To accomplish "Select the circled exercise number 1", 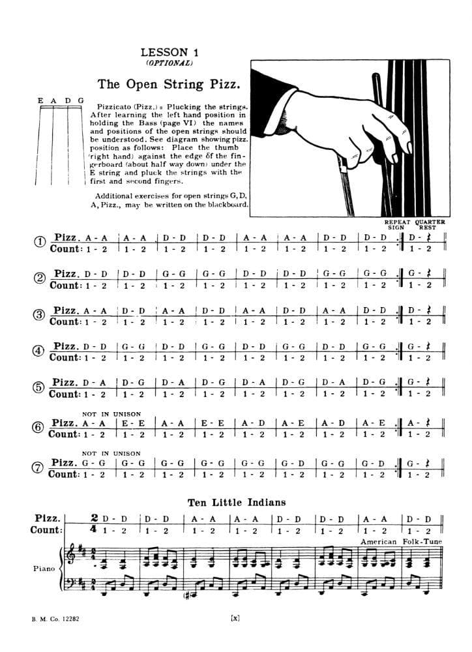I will [39, 243].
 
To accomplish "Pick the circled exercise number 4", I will [39, 351].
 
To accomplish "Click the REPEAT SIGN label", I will [396, 225].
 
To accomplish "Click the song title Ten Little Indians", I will [236, 502].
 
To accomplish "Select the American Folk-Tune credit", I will [404, 542].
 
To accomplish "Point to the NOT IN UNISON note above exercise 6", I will [111, 413].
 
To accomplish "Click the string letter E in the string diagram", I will [41, 100].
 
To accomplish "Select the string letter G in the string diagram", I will [81, 100].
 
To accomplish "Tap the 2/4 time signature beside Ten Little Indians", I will [95, 524].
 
